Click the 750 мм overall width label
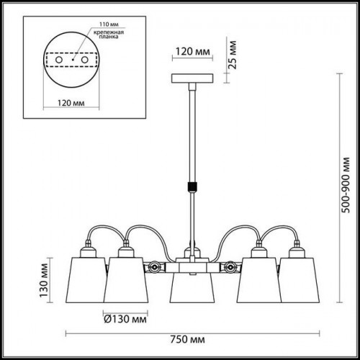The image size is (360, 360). coord(188,340)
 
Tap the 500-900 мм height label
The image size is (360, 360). coord(346,185)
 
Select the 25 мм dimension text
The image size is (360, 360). coord(232,55)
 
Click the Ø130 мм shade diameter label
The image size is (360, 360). coord(125,319)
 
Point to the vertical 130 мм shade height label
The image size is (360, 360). coord(44,280)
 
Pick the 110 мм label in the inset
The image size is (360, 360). coord(109,24)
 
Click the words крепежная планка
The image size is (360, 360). coord(109,35)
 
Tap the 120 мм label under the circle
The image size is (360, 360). coord(71,103)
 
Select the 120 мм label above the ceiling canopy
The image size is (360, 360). coord(193,51)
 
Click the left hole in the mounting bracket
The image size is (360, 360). coord(59,60)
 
